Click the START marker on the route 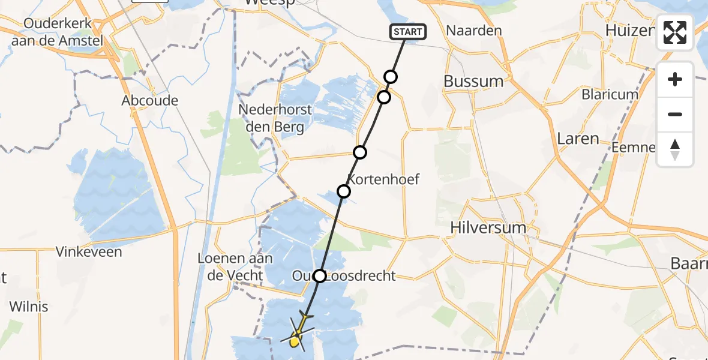(408, 31)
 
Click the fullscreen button (675, 32)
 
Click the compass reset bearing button (675, 149)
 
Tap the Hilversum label (488, 228)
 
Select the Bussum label (473, 81)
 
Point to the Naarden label (474, 30)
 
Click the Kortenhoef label (383, 179)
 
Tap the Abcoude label (149, 100)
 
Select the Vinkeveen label (89, 251)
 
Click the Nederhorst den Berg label (275, 118)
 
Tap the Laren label (578, 139)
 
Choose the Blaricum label (610, 94)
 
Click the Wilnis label (28, 305)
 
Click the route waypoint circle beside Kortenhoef (344, 191)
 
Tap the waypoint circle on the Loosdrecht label (320, 276)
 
